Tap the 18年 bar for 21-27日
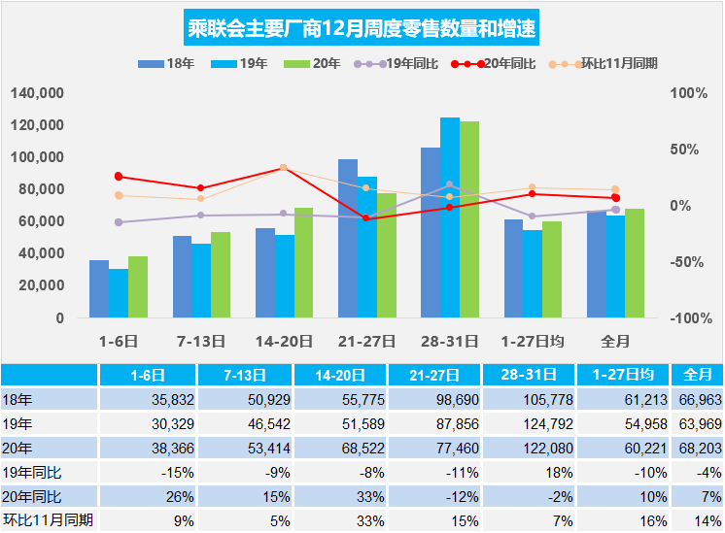point(348,238)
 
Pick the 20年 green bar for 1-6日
point(138,287)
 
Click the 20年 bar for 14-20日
point(304,262)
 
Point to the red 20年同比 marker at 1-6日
point(119,177)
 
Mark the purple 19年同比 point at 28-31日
point(449,184)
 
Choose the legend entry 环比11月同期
point(614,64)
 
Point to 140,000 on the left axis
point(38,93)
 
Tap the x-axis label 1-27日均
point(533,341)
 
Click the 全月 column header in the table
point(699,374)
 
